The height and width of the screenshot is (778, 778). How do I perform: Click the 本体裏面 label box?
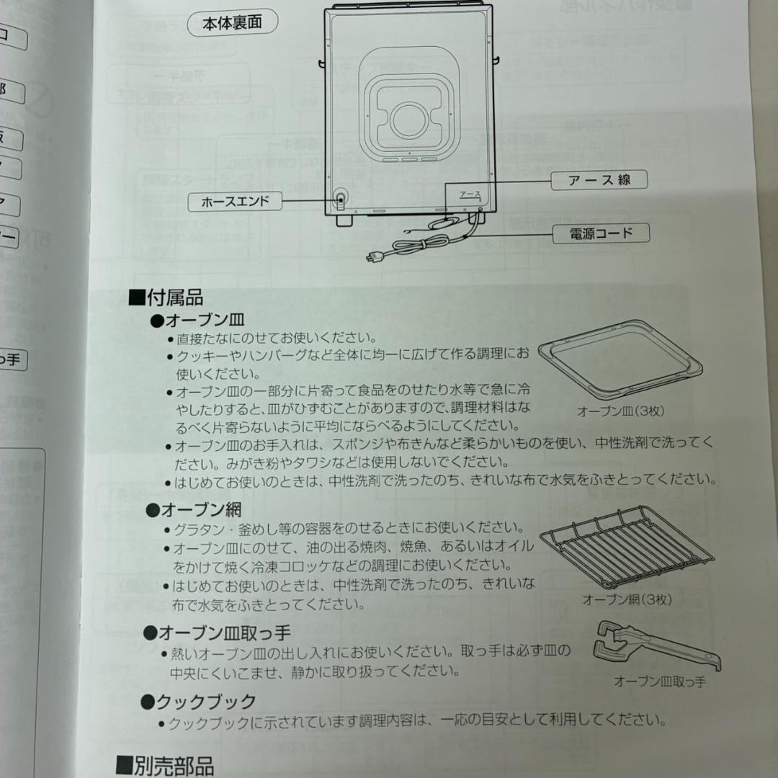pos(232,24)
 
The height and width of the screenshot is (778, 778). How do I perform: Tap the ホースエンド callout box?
pos(236,202)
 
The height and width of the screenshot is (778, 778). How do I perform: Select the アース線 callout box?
pos(599,180)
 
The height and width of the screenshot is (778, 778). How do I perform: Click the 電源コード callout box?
pos(600,233)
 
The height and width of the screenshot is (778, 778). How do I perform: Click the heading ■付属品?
pos(166,297)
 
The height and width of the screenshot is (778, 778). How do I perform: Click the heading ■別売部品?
pos(165,765)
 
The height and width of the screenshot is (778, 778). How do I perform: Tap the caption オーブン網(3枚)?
pos(626,599)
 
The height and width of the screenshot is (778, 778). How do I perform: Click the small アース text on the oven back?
pos(469,194)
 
